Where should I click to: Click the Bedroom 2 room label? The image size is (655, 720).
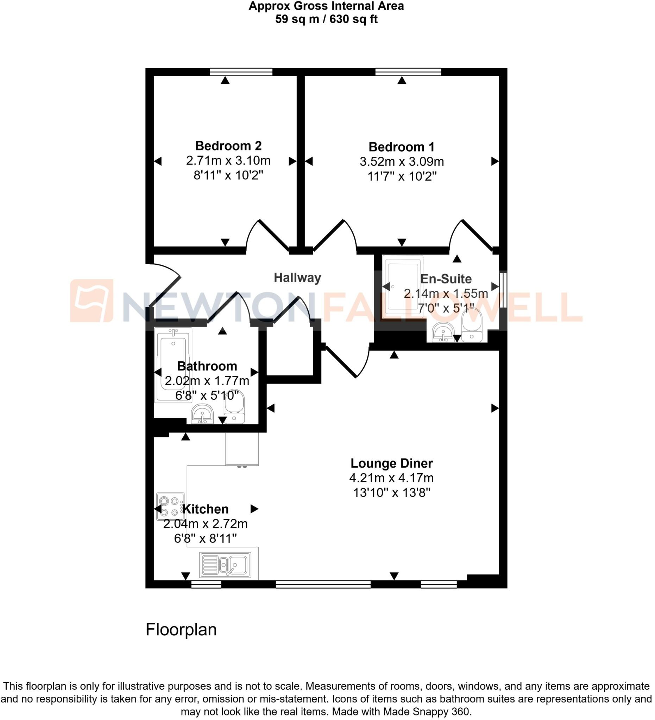tap(228, 146)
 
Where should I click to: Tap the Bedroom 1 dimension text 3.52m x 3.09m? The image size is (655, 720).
tap(402, 161)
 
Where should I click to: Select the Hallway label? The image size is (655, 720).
tap(297, 277)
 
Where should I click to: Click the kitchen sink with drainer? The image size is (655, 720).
tap(225, 565)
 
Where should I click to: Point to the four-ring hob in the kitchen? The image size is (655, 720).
tap(170, 507)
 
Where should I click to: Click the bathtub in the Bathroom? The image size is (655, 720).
tap(173, 365)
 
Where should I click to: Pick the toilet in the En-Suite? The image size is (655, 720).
tap(472, 325)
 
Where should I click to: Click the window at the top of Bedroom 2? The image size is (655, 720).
tap(241, 72)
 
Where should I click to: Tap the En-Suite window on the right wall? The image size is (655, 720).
tap(503, 290)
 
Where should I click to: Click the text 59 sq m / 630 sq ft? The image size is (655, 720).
tap(326, 19)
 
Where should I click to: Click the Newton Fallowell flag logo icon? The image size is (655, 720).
tap(92, 300)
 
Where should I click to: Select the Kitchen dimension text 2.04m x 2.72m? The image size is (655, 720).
tap(205, 523)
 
